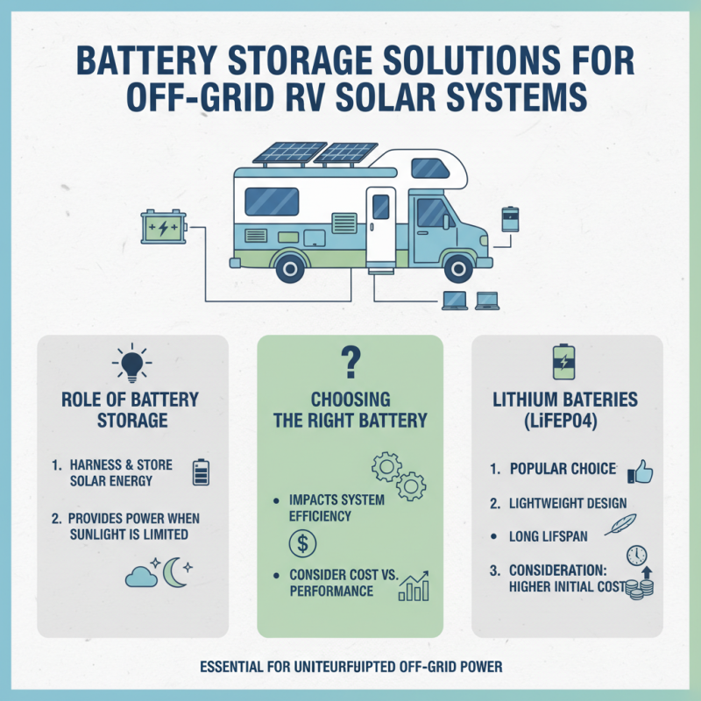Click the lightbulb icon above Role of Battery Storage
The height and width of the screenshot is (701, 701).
132,365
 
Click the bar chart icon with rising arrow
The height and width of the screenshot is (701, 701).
414,584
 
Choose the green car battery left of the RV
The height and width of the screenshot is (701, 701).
165,228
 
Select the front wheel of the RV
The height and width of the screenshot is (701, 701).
457,263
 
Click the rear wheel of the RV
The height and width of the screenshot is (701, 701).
288,263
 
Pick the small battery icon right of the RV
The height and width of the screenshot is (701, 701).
510,219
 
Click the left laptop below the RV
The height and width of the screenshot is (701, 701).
452,301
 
